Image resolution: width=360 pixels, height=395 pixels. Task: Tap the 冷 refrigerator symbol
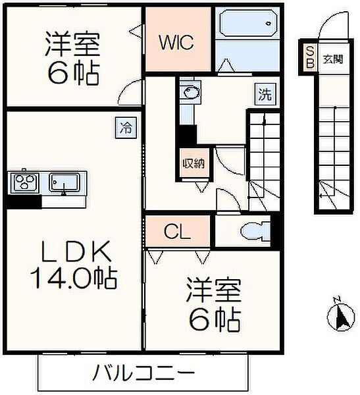pos(126,126)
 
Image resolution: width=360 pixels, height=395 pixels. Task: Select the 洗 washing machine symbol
pos(263,94)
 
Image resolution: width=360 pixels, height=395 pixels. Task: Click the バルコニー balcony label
pos(143,375)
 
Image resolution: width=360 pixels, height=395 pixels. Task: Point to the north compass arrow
pos(340,315)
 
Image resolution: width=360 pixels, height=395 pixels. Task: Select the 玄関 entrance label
pos(332,59)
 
